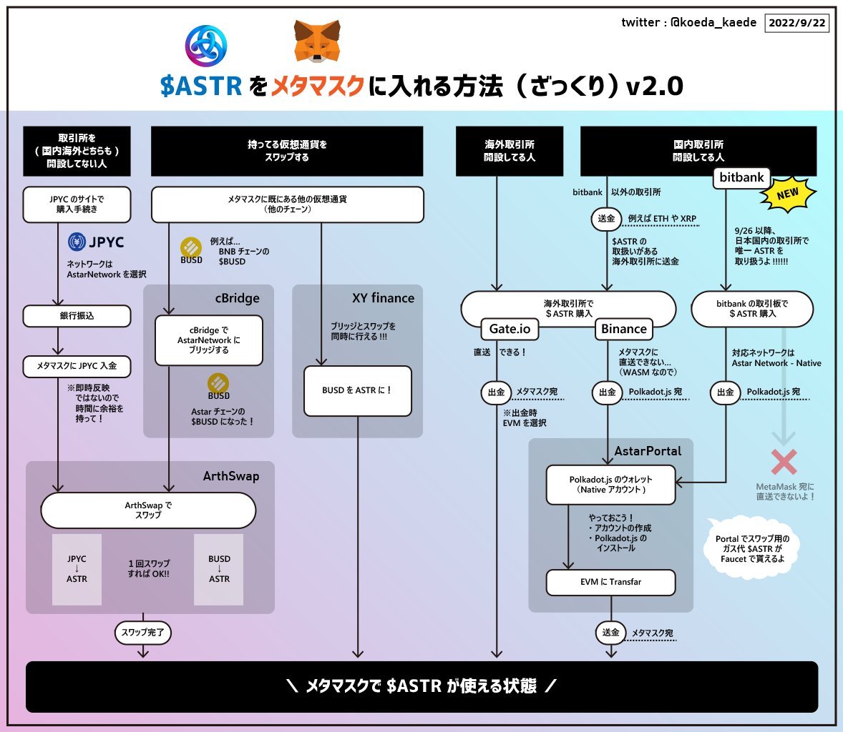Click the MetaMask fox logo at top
(317, 41)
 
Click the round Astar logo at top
(206, 46)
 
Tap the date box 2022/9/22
(796, 23)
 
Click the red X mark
(784, 462)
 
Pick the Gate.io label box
(510, 329)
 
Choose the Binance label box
(623, 329)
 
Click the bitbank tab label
(741, 177)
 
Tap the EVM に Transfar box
(610, 582)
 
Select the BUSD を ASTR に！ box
(357, 390)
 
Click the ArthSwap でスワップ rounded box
(148, 510)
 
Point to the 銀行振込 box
(77, 316)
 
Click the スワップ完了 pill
(142, 633)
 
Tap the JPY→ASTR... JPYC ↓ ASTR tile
(77, 569)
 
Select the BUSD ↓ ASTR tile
(219, 569)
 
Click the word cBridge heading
(237, 298)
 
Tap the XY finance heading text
(383, 298)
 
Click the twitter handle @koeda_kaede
(713, 22)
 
